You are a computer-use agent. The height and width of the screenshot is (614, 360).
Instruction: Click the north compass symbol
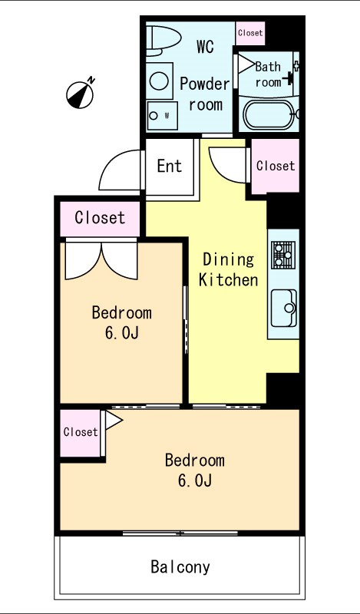[x=81, y=94]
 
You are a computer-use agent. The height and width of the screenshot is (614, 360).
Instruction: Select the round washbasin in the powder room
[x=160, y=81]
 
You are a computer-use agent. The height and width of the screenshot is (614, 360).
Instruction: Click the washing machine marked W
[x=162, y=116]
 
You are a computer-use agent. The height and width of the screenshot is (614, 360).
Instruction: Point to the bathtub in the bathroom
[x=269, y=114]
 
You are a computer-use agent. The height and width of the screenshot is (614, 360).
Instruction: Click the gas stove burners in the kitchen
[x=283, y=255]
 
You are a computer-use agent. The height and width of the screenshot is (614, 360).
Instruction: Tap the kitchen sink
[x=283, y=308]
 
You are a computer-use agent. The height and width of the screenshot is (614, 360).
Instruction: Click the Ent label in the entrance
[x=170, y=166]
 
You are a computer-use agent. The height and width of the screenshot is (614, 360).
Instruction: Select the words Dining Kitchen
[x=229, y=270]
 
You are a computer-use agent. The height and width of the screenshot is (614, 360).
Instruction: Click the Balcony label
[x=180, y=567]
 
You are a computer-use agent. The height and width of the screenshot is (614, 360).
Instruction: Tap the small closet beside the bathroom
[x=250, y=33]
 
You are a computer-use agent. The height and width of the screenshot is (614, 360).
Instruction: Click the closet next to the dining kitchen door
[x=276, y=166]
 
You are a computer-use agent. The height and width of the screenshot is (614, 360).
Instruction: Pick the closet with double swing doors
[x=100, y=219]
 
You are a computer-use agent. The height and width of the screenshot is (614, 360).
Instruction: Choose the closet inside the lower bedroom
[x=81, y=433]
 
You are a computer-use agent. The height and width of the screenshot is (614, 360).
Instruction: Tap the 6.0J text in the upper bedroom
[x=121, y=333]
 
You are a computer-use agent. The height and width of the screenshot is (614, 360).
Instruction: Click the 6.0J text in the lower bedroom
[x=195, y=480]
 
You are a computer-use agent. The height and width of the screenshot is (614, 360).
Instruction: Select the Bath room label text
[x=269, y=74]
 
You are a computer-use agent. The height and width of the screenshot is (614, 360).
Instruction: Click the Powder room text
[x=205, y=94]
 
